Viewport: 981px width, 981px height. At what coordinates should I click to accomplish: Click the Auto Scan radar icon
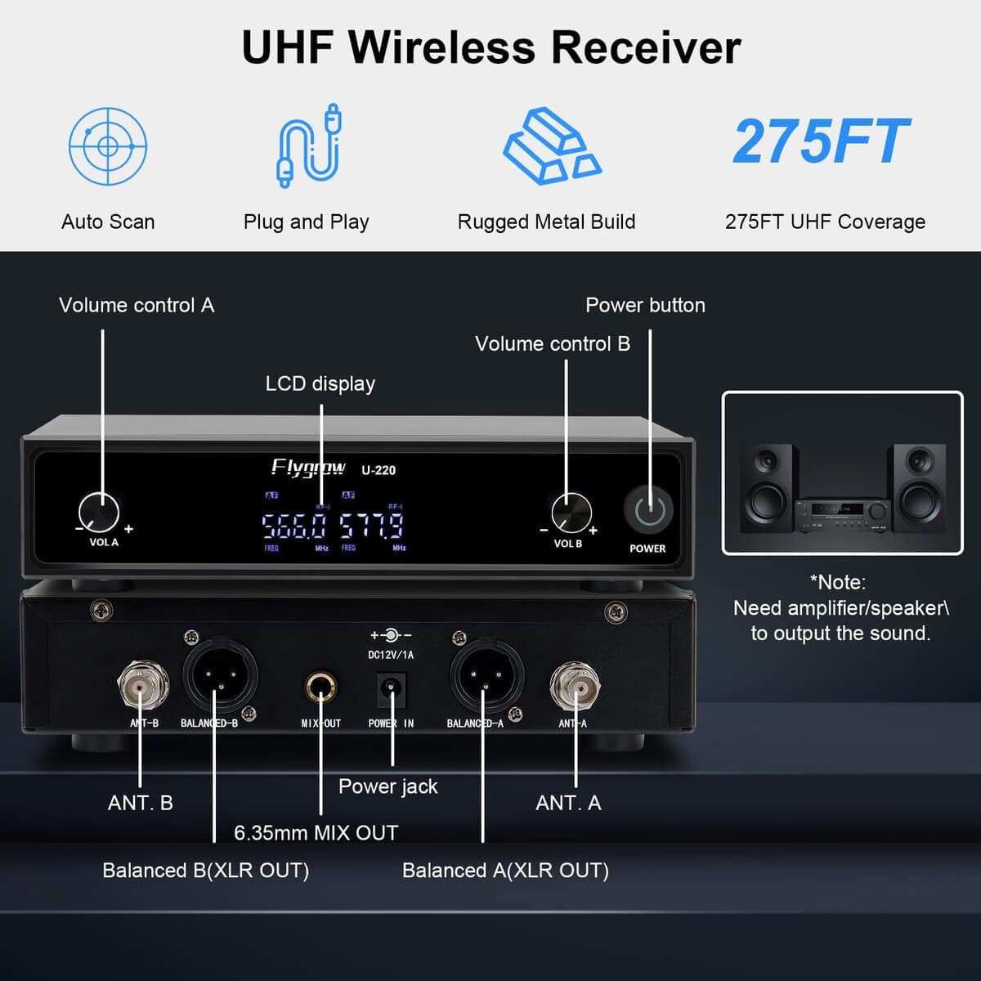pos(108,146)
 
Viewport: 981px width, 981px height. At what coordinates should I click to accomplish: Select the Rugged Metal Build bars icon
pos(551,146)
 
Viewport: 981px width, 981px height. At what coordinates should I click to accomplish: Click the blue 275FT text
pos(821,141)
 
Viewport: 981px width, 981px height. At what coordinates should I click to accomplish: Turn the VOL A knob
pos(100,513)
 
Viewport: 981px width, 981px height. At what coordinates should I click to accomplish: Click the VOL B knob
pos(571,513)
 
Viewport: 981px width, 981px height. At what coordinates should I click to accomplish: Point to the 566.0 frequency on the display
pos(294,526)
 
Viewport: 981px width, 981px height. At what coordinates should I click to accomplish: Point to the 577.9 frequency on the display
pos(372,526)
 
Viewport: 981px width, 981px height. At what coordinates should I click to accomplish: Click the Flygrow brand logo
pos(308,468)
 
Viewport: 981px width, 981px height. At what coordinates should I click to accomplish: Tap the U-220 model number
pos(379,470)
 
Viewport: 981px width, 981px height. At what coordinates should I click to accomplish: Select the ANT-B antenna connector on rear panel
pos(143,686)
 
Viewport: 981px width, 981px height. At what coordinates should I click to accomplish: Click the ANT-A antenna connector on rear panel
pos(574,686)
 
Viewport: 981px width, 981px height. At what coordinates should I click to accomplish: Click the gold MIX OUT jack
pos(320,688)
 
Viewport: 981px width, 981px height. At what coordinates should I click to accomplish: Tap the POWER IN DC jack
pos(391,688)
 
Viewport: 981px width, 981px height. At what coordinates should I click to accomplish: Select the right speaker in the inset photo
pos(919,488)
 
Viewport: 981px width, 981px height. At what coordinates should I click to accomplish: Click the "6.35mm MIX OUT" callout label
pos(316,833)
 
